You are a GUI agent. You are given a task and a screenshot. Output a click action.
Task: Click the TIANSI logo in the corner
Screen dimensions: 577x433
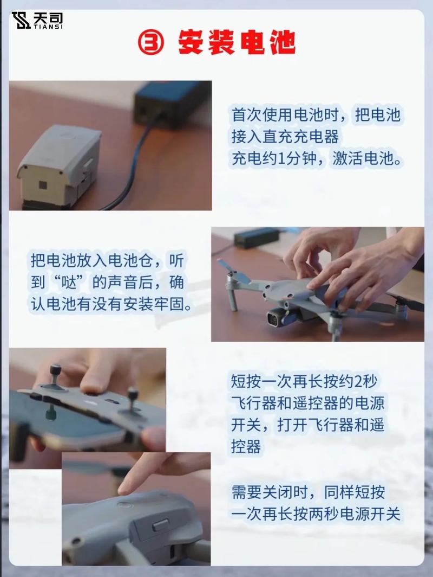tap(37, 20)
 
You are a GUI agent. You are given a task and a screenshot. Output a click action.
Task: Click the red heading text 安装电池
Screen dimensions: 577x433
tap(237, 43)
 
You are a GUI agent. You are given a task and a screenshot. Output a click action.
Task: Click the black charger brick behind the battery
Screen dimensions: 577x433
tap(172, 102)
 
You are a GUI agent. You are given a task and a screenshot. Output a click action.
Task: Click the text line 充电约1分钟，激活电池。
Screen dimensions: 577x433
tap(317, 160)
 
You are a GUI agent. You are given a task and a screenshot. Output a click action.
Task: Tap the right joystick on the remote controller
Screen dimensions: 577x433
tap(132, 395)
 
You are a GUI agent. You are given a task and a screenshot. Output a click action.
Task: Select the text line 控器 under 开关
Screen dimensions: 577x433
tap(246, 446)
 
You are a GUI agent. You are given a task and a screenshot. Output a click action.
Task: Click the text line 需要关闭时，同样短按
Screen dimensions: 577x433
tap(309, 492)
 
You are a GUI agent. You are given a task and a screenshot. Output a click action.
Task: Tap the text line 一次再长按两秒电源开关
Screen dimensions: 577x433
tap(316, 514)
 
